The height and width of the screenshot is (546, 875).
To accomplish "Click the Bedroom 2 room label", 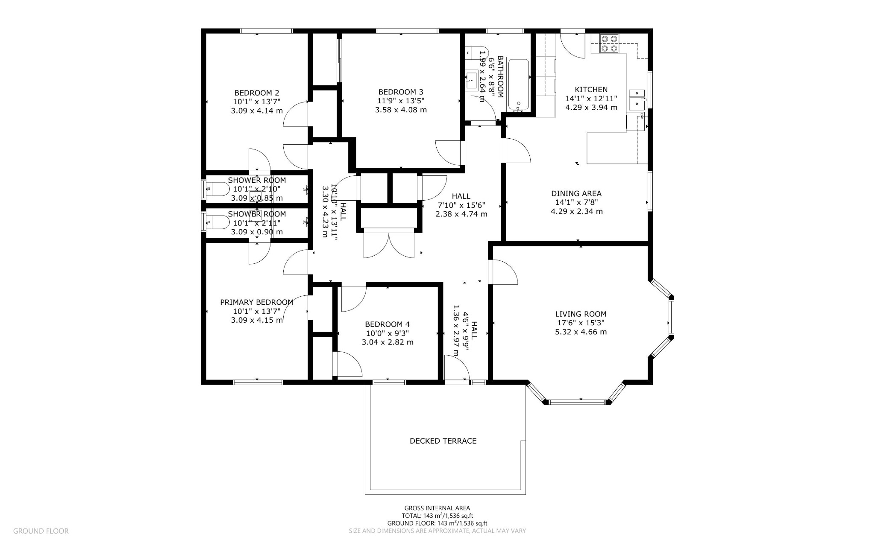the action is point(256,93).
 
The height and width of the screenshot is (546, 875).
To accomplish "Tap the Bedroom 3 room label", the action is point(401,92).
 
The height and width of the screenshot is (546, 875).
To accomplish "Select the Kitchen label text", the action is point(591,90).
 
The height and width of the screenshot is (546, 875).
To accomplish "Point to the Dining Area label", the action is point(577,193).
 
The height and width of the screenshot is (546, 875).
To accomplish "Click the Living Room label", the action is point(581,314).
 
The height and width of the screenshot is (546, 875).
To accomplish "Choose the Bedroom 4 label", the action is point(388,324).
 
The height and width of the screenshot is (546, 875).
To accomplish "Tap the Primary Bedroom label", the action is point(257,302).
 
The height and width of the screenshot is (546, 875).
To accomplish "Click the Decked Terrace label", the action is point(443,441).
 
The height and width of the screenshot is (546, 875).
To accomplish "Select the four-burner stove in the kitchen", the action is point(609,43).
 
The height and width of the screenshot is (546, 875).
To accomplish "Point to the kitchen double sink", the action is point(637,98).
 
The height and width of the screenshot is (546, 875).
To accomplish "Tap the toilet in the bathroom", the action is point(473,53).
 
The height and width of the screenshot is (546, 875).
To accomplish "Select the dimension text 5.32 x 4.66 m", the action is point(581,332).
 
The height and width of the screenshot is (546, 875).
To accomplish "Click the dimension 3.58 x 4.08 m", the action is point(401,110).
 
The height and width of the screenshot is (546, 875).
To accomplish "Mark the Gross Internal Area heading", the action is point(437,508).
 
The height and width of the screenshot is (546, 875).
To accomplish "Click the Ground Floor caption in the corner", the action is point(41,531).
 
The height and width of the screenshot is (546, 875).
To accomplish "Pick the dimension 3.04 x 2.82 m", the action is point(388,342).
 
